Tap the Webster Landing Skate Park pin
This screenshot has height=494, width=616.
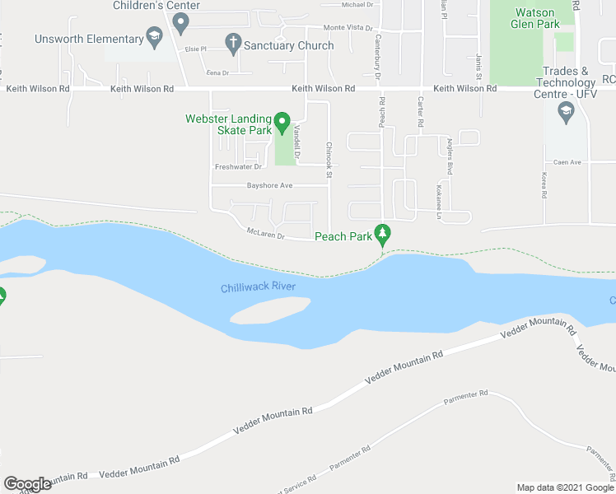click(282, 123)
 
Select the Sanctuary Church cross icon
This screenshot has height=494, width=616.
click(233, 42)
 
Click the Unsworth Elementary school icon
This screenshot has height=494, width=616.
click(154, 37)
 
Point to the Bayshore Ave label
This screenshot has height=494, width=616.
click(270, 185)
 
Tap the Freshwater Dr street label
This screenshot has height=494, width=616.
click(238, 166)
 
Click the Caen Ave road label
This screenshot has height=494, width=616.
click(567, 162)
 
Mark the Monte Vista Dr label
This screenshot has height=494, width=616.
click(344, 28)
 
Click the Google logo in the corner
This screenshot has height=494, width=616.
click(26, 484)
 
